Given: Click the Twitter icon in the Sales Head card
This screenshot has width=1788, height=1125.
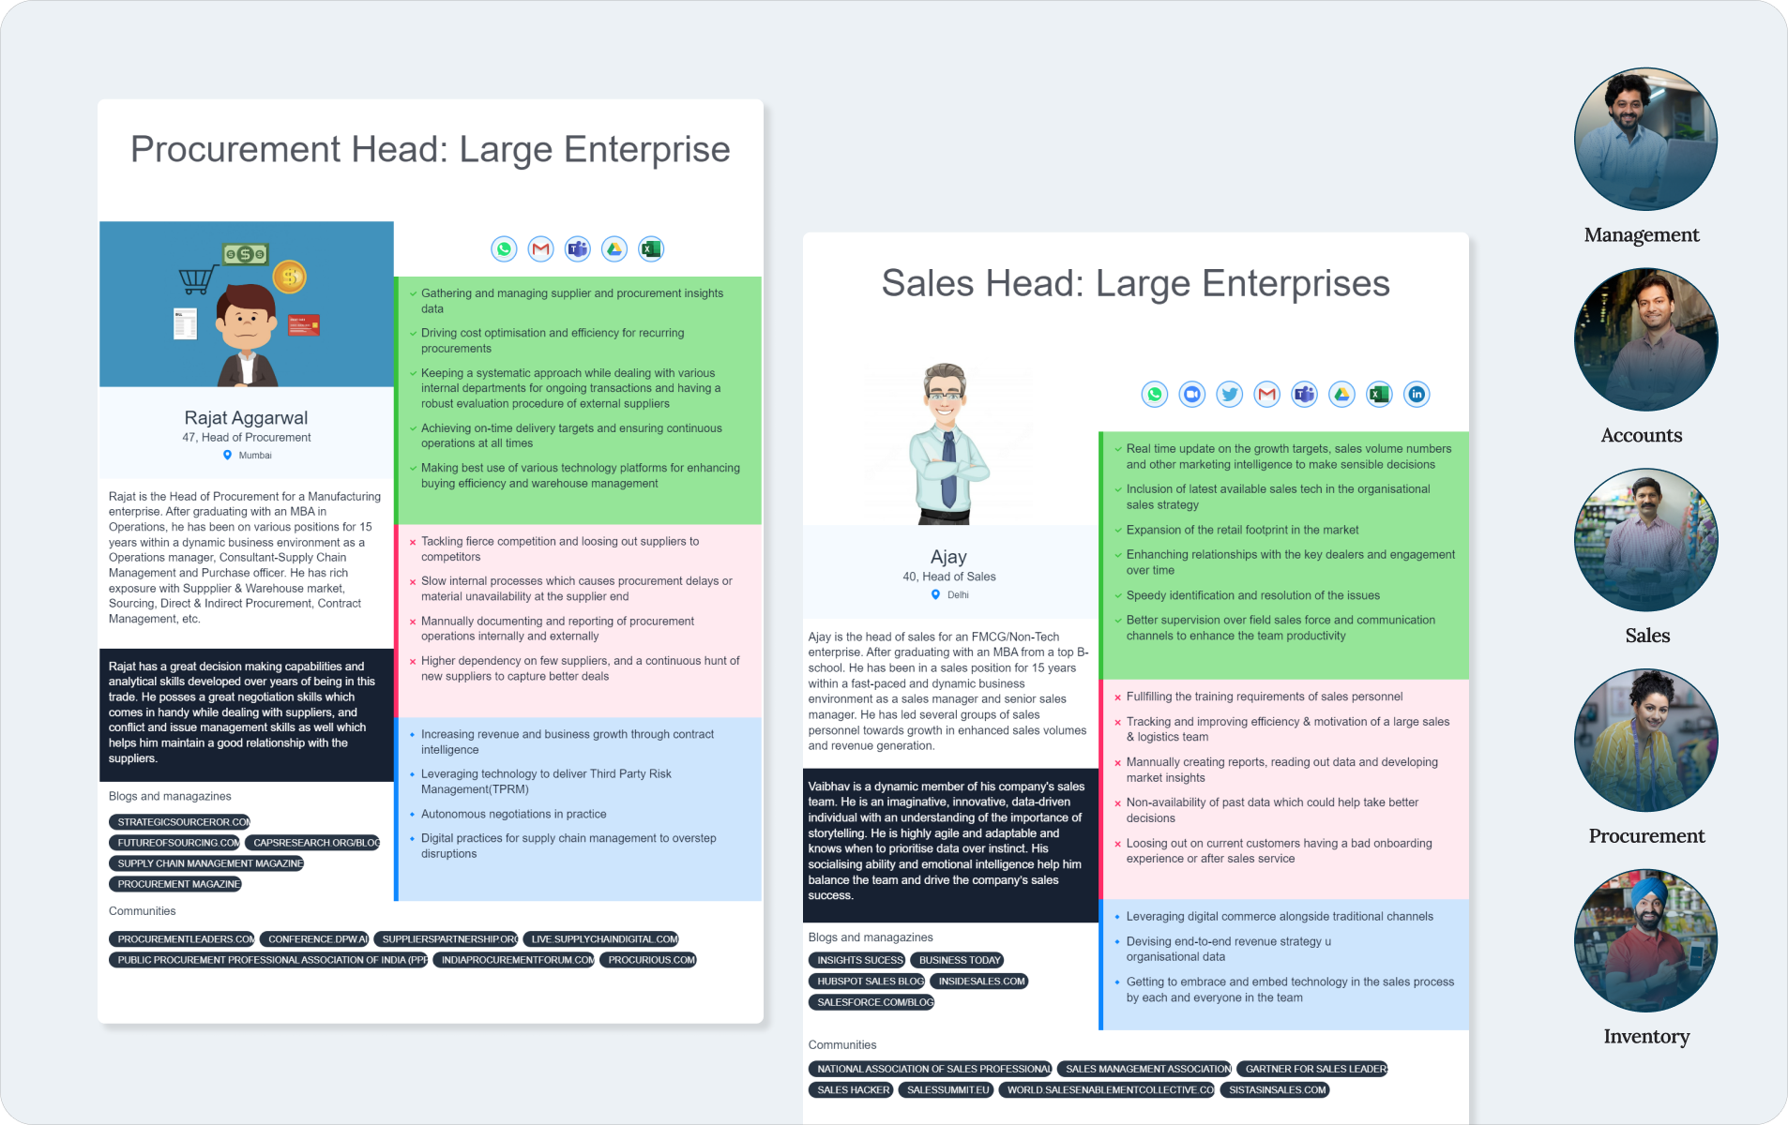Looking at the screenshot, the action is click(1229, 395).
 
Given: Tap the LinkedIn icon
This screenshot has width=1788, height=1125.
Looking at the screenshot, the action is click(1417, 395).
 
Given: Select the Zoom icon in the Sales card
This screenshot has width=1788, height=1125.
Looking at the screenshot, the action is click(1191, 395).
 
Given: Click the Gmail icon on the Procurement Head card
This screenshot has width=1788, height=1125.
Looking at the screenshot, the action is click(540, 249).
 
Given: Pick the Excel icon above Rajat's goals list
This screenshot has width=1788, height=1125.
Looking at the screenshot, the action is click(650, 249).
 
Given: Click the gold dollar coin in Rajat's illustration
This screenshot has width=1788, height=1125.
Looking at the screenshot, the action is click(289, 276).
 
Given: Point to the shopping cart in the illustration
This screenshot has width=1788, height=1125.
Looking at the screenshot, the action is click(197, 279).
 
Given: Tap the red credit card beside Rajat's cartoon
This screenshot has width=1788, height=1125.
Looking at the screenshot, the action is click(304, 325).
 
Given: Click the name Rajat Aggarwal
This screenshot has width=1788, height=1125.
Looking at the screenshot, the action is click(246, 418).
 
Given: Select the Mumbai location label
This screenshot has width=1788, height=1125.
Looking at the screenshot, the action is click(254, 456).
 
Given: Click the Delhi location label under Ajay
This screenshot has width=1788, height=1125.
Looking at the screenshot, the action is click(957, 595).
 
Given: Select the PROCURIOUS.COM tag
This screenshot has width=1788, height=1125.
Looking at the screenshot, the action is click(651, 960).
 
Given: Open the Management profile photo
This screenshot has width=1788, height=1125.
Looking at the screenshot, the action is click(1645, 139).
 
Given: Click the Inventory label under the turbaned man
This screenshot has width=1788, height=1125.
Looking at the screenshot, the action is click(1646, 1036).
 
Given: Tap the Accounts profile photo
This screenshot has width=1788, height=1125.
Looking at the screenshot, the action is click(1645, 339).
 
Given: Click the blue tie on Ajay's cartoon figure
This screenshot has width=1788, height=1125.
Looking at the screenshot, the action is click(948, 469).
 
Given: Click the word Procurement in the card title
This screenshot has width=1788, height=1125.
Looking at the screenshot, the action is click(235, 150).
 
